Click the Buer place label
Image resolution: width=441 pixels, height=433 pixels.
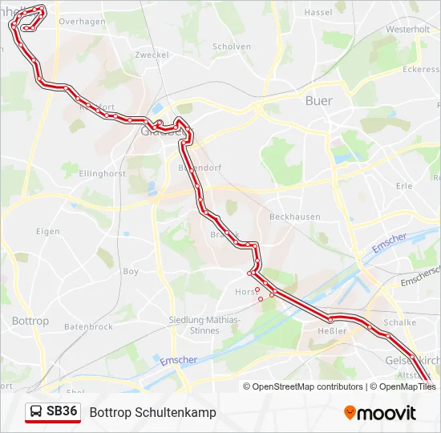(x=318, y=101)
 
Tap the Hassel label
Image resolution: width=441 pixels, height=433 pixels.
(x=318, y=13)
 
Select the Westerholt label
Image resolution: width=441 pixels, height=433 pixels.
(x=407, y=29)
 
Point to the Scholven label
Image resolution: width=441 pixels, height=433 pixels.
(x=232, y=47)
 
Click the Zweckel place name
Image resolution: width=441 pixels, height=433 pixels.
(x=152, y=55)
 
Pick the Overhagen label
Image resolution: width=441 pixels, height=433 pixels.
(x=82, y=22)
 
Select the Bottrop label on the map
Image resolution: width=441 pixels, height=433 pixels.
(x=30, y=321)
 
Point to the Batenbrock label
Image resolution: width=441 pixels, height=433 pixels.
(x=88, y=327)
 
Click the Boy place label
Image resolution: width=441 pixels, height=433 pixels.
(x=131, y=272)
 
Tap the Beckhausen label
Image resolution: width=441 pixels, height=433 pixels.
(x=294, y=216)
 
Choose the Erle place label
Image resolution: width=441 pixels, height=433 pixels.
(x=403, y=186)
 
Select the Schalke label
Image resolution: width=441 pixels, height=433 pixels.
(x=400, y=322)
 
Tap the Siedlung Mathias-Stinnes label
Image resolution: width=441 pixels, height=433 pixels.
(x=204, y=325)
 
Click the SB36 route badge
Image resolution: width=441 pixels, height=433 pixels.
(x=54, y=412)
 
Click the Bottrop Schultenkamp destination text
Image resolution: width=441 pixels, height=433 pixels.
(x=152, y=412)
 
